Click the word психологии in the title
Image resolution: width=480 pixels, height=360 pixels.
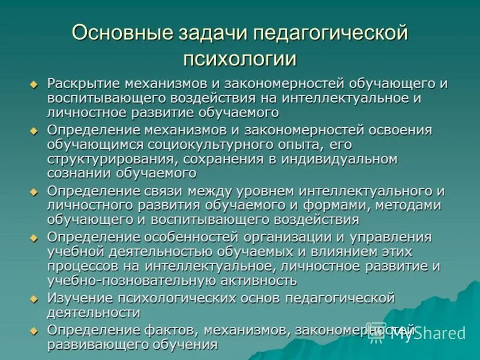(x=240, y=59)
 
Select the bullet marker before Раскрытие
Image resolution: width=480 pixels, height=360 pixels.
(x=34, y=84)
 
